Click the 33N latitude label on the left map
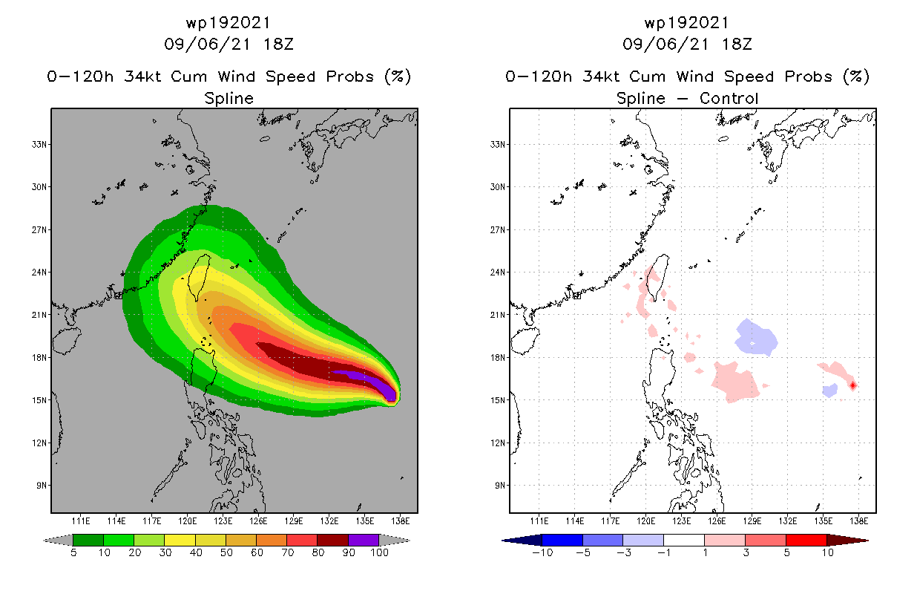37,144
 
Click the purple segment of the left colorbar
364,540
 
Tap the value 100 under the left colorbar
380,553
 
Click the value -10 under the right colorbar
542,553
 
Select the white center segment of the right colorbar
684,540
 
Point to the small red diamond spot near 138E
853,385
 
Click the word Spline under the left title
229,98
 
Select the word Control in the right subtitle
730,98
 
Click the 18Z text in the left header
278,44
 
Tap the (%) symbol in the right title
856,76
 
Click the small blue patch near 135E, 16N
830,390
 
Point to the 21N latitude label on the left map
37,315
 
